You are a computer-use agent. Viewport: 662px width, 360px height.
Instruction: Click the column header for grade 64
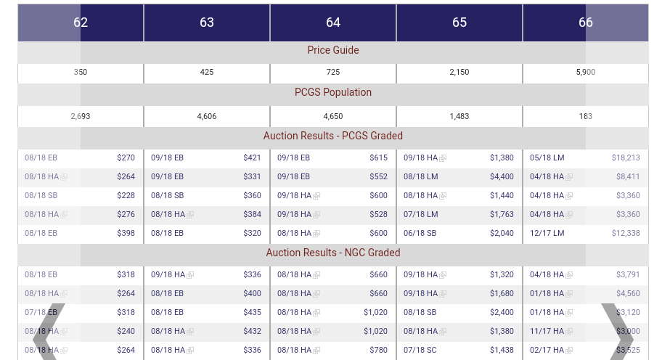(333, 22)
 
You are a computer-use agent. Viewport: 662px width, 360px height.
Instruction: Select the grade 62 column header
(81, 22)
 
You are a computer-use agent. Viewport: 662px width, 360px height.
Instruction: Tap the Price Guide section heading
(333, 50)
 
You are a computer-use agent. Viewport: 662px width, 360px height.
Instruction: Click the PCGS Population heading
(333, 92)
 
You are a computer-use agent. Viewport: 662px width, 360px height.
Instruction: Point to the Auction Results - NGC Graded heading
(333, 253)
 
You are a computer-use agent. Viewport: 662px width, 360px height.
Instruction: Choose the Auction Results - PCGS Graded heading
(333, 136)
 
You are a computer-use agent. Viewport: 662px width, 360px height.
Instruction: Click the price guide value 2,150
(459, 73)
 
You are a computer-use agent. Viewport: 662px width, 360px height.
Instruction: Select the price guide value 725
(333, 73)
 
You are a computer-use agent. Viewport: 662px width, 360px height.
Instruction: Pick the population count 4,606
(207, 116)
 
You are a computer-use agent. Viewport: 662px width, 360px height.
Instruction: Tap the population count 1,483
(459, 116)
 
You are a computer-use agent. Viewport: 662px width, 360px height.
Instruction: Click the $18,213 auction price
(626, 157)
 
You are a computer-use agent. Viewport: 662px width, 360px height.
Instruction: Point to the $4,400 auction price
(502, 176)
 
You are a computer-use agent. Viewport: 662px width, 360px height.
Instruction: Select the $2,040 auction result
(502, 233)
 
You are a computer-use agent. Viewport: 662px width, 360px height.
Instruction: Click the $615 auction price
(378, 157)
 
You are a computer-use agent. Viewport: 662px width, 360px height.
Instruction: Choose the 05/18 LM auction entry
(547, 157)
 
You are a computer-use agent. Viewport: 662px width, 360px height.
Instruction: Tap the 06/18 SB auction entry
(420, 233)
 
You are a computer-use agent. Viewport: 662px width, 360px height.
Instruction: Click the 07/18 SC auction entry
(420, 350)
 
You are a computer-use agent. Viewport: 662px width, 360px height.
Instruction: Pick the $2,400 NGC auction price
(502, 312)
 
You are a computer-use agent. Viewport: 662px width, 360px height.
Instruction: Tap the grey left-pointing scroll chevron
(46, 334)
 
